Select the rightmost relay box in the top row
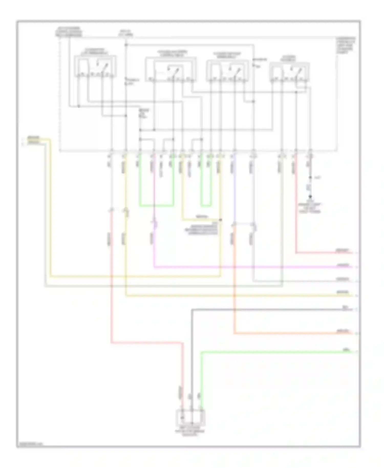tap(290, 72)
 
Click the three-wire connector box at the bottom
tap(190, 417)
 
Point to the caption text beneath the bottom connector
tap(190, 432)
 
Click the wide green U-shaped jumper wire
tap(156, 205)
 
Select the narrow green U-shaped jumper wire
tap(206, 205)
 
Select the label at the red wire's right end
tap(343, 250)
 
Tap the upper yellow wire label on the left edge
tap(34, 138)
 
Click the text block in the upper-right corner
tap(346, 45)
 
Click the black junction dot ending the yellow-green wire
tap(221, 220)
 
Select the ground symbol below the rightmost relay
tap(310, 197)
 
